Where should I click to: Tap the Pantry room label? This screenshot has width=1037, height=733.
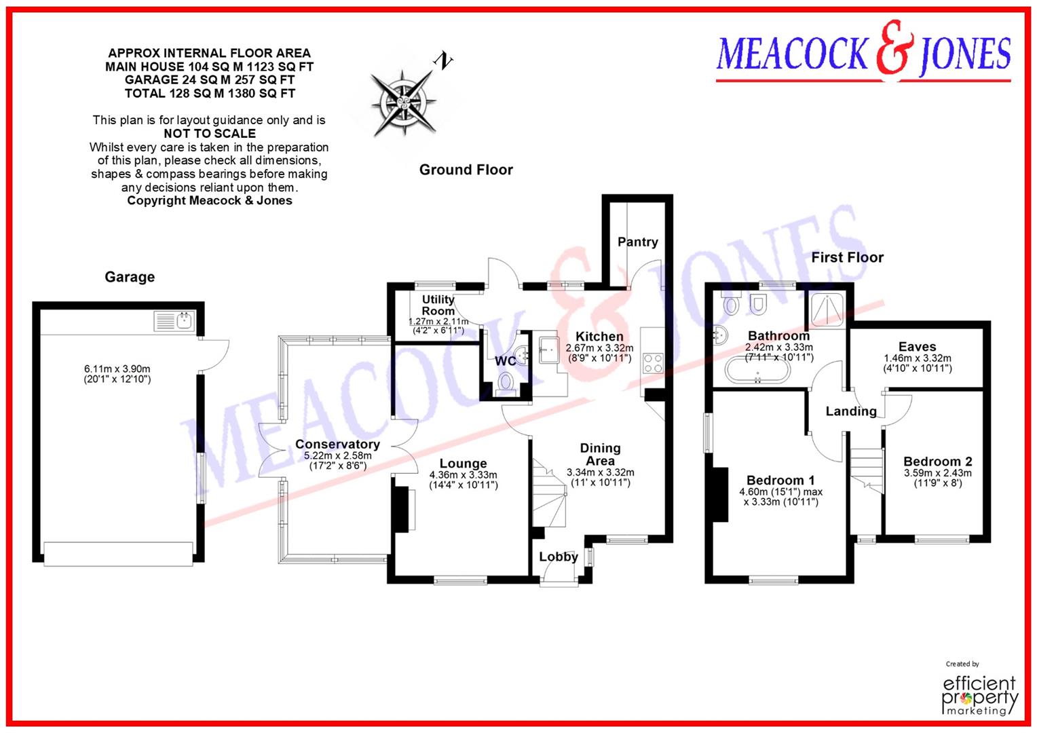637,242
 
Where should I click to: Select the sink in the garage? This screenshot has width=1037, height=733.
174,320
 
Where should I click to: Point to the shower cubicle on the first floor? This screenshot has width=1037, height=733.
825,310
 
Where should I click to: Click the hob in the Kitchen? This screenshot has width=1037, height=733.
653,362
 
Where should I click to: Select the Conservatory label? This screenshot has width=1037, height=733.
337,445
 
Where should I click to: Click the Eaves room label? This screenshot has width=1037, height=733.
917,347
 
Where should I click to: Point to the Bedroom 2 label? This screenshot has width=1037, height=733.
937,462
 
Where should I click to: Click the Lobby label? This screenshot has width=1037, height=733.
558,557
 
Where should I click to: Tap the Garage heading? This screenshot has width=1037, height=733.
130,277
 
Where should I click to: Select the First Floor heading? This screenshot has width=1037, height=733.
847,257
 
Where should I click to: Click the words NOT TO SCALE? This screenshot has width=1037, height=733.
210,134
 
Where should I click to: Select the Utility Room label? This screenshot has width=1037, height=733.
438,305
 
